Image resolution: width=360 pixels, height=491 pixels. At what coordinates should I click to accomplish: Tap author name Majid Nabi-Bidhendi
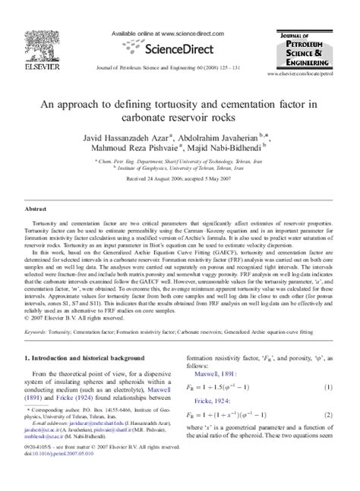[x=228, y=153]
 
